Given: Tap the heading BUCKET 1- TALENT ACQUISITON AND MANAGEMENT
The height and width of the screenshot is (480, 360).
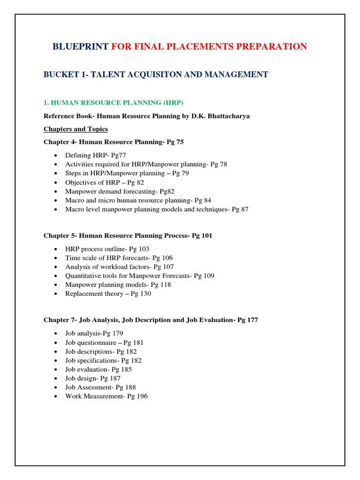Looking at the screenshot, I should click(156, 75).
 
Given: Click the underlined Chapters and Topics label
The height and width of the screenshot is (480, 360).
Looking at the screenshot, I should click(75, 129).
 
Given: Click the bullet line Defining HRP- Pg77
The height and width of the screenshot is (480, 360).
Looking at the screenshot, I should click(96, 156).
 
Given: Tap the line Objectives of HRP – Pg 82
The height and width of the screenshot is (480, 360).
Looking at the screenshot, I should click(105, 182).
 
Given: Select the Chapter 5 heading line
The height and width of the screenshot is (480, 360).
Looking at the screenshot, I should click(127, 236).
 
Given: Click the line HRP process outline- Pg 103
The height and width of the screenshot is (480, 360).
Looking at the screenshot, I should click(107, 249).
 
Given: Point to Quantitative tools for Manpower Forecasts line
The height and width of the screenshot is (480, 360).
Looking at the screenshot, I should click(140, 276).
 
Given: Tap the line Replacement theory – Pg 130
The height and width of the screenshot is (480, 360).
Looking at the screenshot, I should click(108, 294).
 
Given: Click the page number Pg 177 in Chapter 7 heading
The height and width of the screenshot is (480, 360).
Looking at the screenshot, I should click(247, 320).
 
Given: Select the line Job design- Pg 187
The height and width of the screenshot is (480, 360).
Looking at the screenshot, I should click(93, 378).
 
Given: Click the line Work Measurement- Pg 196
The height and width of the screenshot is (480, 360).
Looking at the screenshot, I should click(106, 396).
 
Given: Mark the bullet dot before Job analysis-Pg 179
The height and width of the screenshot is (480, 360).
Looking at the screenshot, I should click(56, 334).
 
